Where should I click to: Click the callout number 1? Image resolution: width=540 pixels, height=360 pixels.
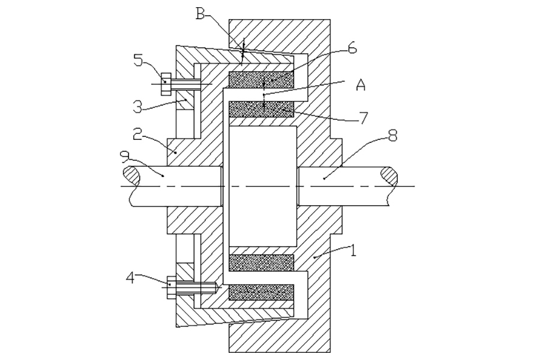pyautogui.click(x=352, y=250)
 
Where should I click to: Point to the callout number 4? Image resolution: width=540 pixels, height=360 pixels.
pyautogui.click(x=130, y=278)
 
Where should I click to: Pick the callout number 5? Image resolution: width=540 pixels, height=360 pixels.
pyautogui.click(x=138, y=61)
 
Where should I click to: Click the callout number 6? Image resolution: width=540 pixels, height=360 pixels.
pyautogui.click(x=352, y=49)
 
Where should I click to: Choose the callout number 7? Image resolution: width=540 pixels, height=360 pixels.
pyautogui.click(x=363, y=118)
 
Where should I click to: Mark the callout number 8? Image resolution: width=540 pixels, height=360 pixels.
pyautogui.click(x=392, y=136)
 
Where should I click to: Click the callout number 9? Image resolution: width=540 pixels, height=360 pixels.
pyautogui.click(x=124, y=157)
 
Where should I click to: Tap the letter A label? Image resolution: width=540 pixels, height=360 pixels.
pyautogui.click(x=360, y=85)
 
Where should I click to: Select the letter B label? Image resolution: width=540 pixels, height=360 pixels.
pyautogui.click(x=200, y=14)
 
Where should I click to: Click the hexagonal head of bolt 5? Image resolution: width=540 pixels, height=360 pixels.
pyautogui.click(x=166, y=85)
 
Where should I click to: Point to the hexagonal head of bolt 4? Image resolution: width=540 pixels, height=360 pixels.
pyautogui.click(x=172, y=287)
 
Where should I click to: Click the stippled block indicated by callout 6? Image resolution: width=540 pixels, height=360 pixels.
pyautogui.click(x=262, y=80)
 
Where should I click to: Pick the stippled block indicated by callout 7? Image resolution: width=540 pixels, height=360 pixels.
pyautogui.click(x=262, y=110)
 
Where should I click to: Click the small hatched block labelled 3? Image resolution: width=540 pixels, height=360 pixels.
pyautogui.click(x=185, y=101)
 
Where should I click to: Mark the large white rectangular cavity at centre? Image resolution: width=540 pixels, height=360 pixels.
pyautogui.click(x=263, y=187)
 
